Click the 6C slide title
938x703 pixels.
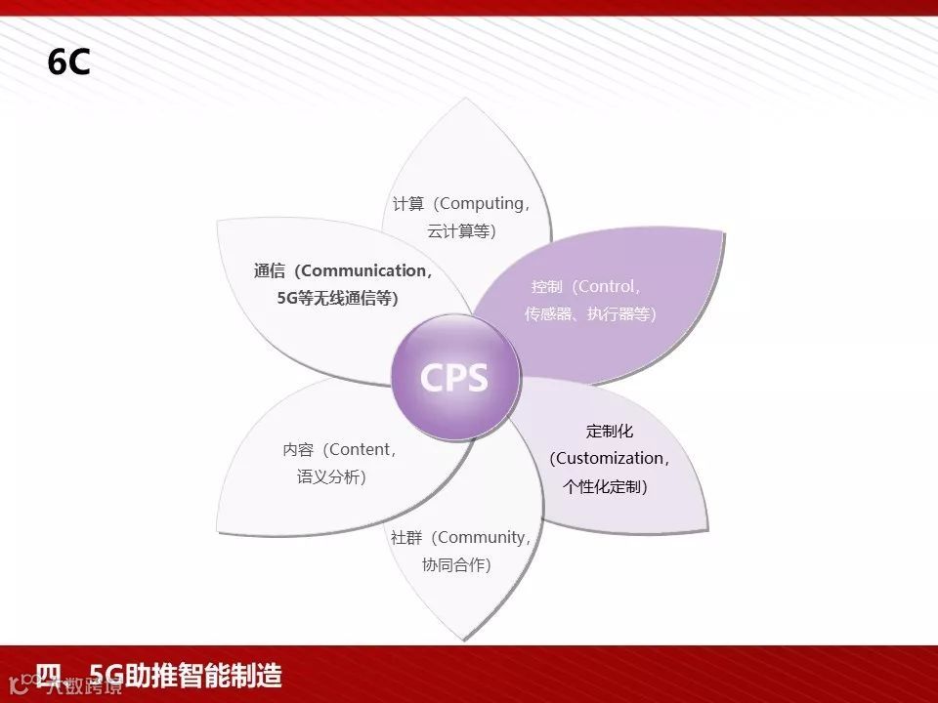pos(68,62)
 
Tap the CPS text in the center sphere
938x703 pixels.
pos(453,378)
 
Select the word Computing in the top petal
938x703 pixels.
pos(482,204)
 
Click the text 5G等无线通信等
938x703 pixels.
pos(336,299)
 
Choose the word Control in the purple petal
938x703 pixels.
pos(608,287)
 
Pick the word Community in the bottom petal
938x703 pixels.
pos(483,537)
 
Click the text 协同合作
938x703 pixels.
pos(453,564)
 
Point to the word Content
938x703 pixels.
pos(362,450)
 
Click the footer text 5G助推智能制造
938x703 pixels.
pos(185,675)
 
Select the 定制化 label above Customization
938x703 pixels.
pos(610,431)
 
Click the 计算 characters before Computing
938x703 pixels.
pos(408,204)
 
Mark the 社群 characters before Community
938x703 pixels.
pos(406,537)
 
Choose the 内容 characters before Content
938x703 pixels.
pos(298,450)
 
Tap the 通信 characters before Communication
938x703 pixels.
pos(270,271)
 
